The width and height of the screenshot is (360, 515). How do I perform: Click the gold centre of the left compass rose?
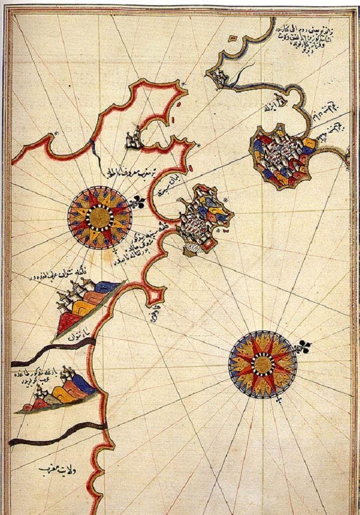pos(99,217)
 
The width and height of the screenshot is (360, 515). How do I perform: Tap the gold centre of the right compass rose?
pos(262,364)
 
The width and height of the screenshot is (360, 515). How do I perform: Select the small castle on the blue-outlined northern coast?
pos(217,76)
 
